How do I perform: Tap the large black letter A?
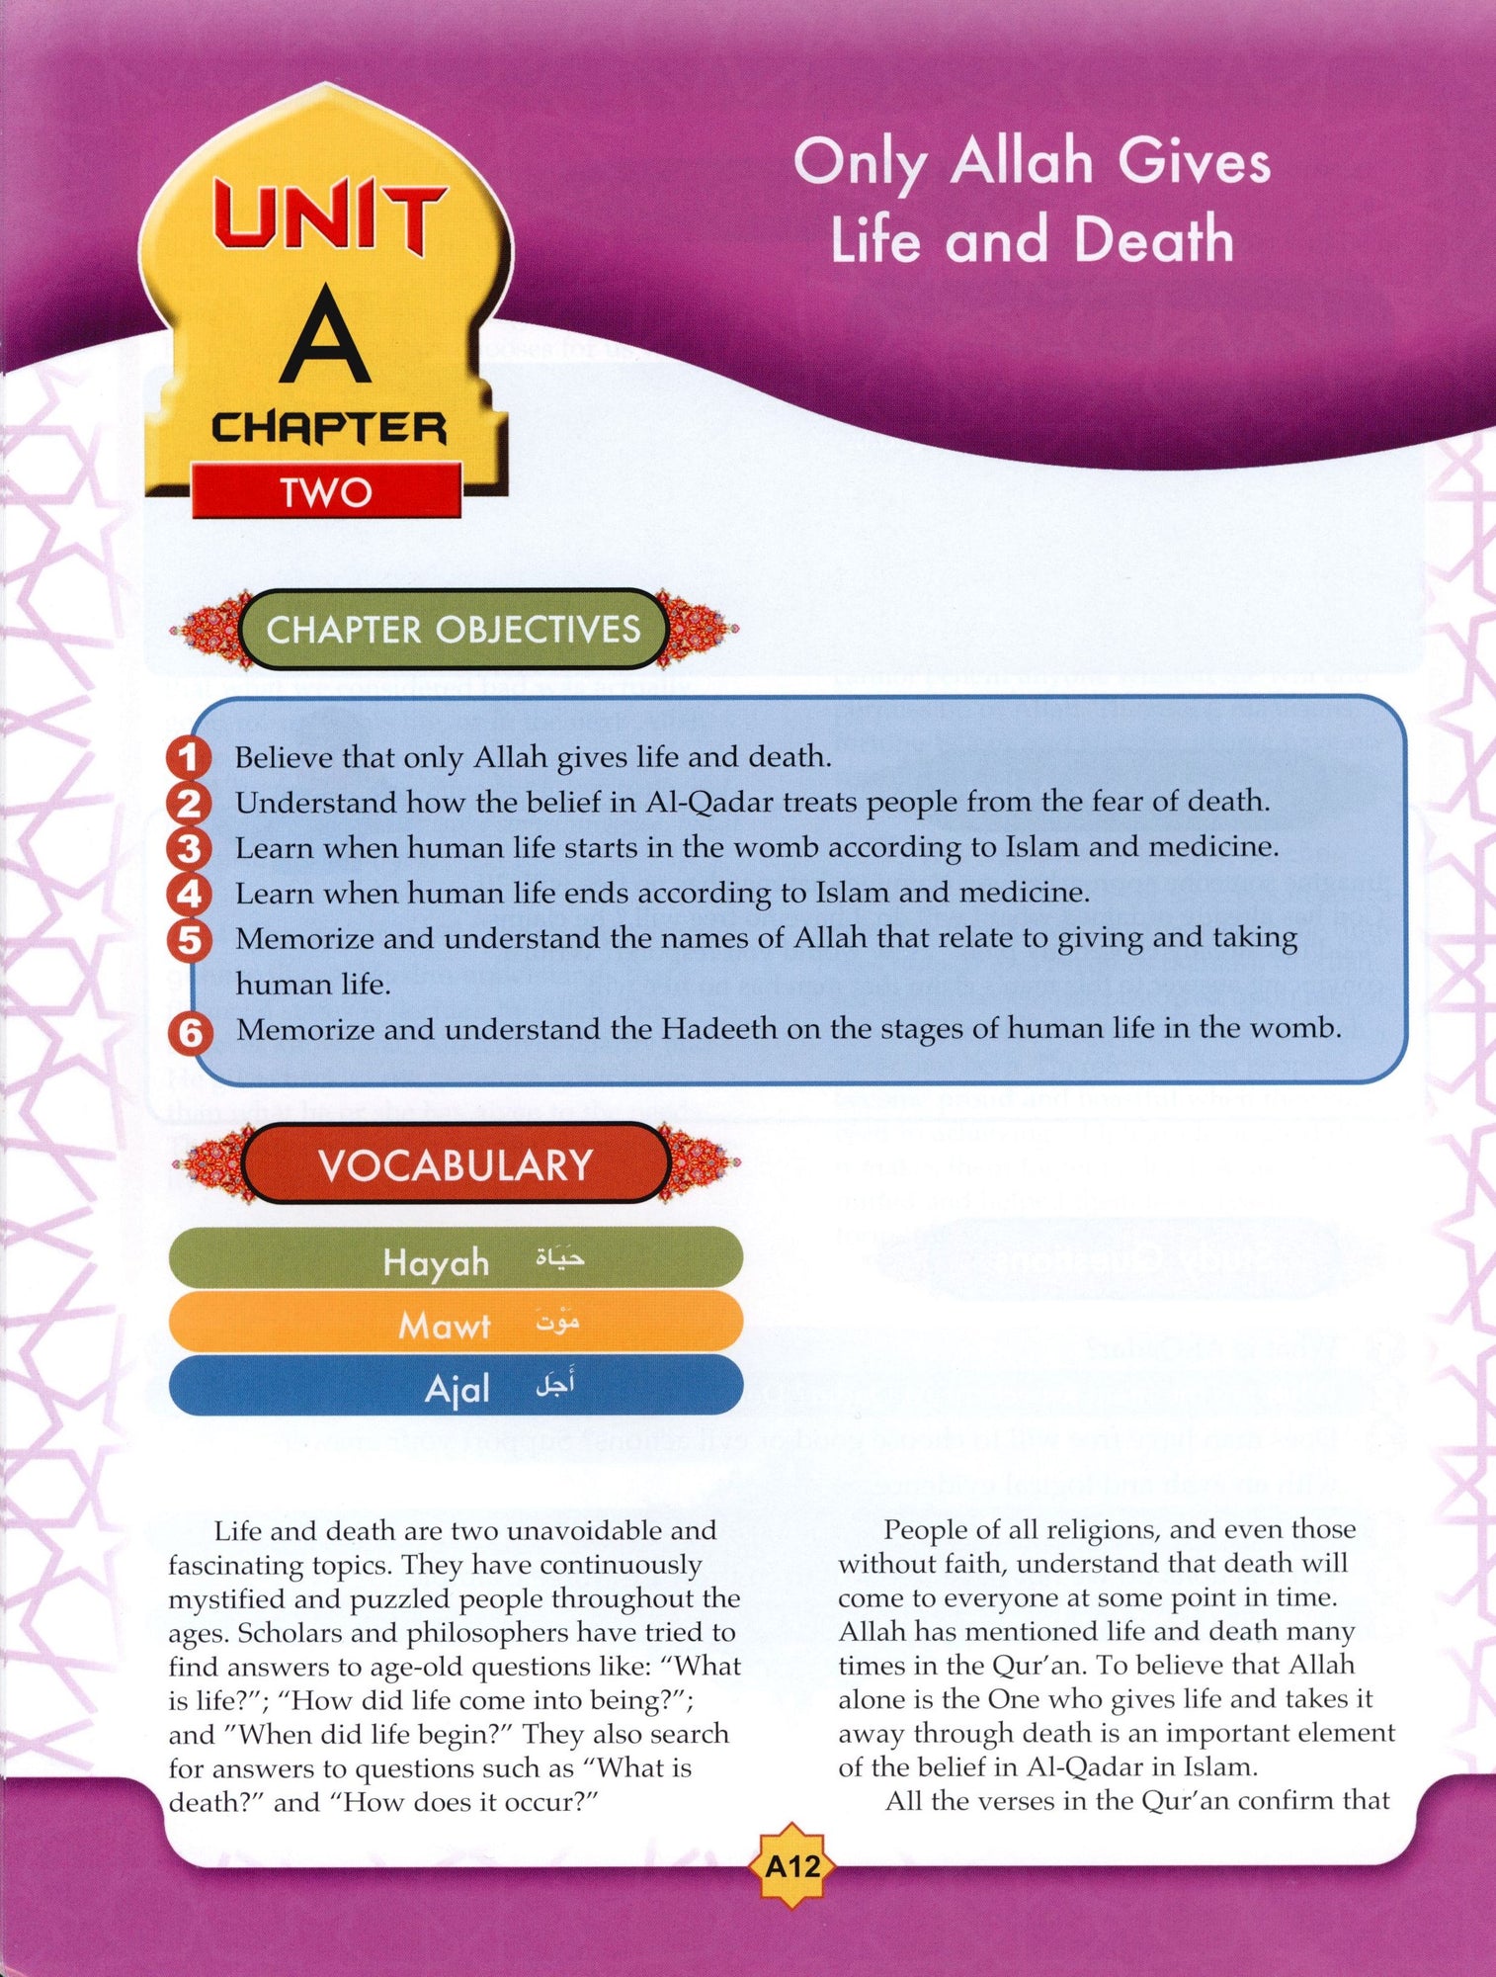(324, 337)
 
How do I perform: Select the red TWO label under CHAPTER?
(326, 491)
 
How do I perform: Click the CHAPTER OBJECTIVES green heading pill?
(454, 629)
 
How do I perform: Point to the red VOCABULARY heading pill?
(456, 1164)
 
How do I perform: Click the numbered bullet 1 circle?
(188, 758)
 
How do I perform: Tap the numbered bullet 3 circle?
(188, 849)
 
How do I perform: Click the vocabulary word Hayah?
(436, 1262)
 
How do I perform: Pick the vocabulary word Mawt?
(444, 1325)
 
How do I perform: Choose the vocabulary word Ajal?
(457, 1389)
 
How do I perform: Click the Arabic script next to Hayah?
(559, 1258)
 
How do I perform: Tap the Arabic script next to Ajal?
(555, 1385)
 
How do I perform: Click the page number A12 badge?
(792, 1867)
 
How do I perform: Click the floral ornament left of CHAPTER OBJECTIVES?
(209, 629)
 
